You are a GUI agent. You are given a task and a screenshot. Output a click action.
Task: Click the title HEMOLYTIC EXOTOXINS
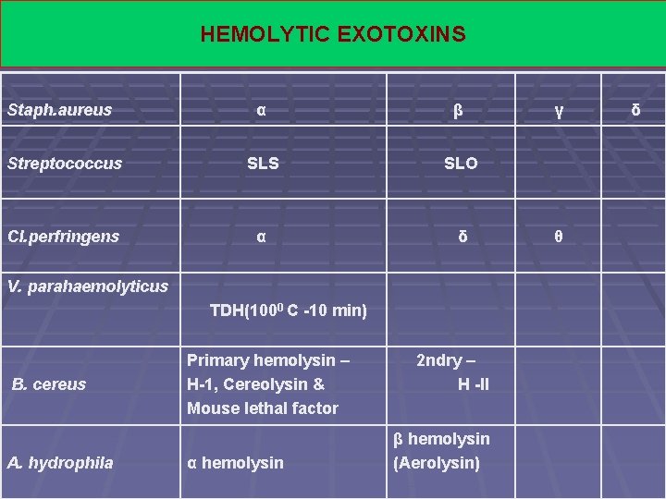(333, 35)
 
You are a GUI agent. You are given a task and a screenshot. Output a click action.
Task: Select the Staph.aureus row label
(59, 110)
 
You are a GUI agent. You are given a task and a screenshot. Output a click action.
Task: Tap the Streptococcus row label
(65, 164)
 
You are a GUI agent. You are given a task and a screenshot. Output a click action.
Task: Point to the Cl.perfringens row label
(64, 237)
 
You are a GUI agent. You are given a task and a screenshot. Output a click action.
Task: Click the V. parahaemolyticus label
(88, 286)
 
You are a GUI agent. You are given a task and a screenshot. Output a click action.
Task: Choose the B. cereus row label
(49, 384)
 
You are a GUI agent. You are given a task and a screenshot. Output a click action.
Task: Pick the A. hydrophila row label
(60, 463)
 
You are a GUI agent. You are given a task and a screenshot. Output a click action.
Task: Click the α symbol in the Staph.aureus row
(262, 110)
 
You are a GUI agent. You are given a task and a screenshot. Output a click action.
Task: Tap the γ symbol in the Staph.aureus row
(558, 111)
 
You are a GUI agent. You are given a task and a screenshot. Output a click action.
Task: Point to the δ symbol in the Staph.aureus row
(635, 111)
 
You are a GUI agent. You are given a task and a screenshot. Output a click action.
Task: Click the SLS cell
(263, 164)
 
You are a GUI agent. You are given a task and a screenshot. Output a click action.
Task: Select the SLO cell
(461, 164)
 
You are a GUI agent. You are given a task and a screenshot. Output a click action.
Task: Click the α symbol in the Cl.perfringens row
(262, 237)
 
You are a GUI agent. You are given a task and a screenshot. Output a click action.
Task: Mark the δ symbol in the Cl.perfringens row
(462, 237)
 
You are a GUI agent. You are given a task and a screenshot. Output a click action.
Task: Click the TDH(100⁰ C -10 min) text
(289, 310)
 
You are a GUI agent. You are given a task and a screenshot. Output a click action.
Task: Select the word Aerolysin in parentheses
(437, 463)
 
